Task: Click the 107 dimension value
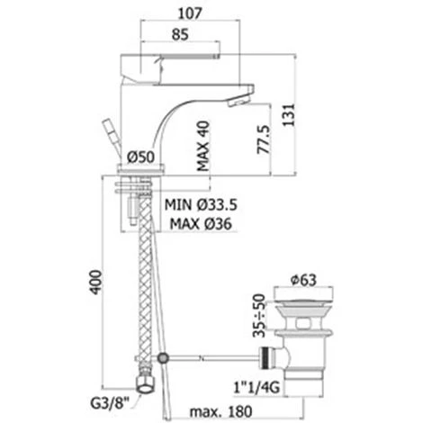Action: tap(190, 13)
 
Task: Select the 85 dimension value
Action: tap(180, 34)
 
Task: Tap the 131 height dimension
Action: tap(289, 115)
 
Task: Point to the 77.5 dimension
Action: tap(263, 139)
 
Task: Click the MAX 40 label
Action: tap(202, 146)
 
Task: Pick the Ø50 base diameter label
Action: tap(140, 157)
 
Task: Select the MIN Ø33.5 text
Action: tap(201, 205)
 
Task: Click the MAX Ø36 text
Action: tap(201, 223)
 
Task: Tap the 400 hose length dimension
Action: tap(95, 283)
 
